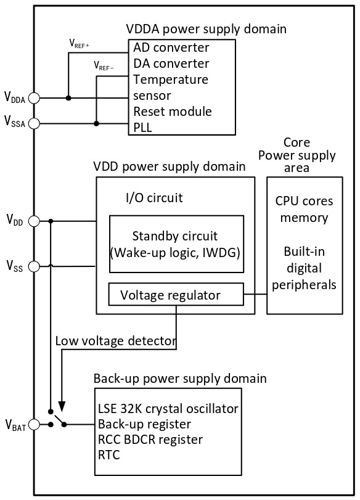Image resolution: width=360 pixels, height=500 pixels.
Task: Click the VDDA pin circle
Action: pos(34,98)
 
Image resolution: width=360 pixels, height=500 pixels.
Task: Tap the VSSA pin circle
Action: pos(34,123)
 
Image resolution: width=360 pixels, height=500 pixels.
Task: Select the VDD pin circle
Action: pos(34,221)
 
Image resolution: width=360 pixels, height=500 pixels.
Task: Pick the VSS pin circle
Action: pos(34,266)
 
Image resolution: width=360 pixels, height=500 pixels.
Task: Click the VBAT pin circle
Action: pos(34,424)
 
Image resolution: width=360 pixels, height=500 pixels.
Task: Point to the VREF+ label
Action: pos(79,44)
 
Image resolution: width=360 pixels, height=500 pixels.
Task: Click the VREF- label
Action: pos(104,67)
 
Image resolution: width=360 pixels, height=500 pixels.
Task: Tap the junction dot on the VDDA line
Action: pos(68,98)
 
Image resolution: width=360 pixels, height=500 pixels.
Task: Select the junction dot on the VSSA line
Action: pos(96,123)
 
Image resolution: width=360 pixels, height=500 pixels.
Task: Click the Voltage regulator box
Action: pos(176,294)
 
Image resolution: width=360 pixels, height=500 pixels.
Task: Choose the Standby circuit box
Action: pos(177,244)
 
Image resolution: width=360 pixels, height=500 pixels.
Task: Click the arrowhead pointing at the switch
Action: pos(62,406)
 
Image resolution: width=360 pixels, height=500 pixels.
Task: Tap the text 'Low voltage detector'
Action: pos(116,341)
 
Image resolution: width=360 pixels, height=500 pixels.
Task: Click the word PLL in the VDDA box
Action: pos(142,128)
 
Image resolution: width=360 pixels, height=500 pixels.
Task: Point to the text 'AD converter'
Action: pos(171,47)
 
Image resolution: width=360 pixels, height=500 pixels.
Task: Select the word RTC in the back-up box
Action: pos(108,455)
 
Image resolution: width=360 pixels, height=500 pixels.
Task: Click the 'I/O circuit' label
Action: pos(154,198)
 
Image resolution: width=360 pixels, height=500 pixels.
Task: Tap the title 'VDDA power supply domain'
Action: pos(207,29)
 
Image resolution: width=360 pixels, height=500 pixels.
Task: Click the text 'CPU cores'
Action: pos(304,201)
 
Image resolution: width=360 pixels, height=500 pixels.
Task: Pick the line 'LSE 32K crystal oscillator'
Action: pos(168,409)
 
